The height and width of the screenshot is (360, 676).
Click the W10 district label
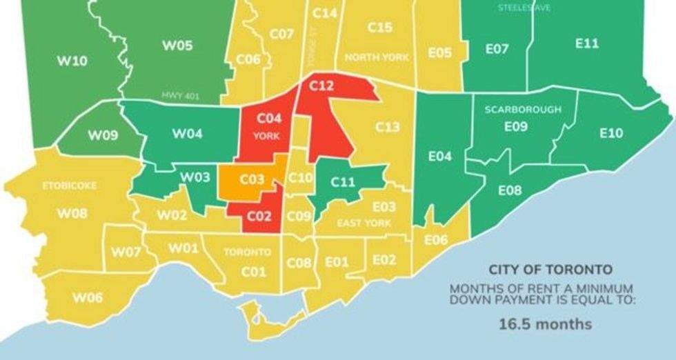pyautogui.click(x=72, y=61)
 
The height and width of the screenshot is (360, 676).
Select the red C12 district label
pyautogui.click(x=321, y=86)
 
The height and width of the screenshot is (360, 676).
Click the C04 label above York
pyautogui.click(x=266, y=119)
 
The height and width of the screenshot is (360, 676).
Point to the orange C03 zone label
pyautogui.click(x=252, y=179)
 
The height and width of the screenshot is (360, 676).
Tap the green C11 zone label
pyautogui.click(x=342, y=181)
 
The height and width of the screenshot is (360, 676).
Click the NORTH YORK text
pyautogui.click(x=377, y=57)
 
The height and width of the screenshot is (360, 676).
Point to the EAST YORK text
pyautogui.click(x=364, y=223)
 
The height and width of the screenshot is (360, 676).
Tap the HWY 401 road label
pyautogui.click(x=180, y=96)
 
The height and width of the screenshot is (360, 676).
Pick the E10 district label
pyautogui.click(x=610, y=133)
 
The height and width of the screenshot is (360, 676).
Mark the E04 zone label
pyautogui.click(x=439, y=157)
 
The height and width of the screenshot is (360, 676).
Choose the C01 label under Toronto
pyautogui.click(x=253, y=272)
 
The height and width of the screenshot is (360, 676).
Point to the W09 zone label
pyautogui.click(x=102, y=135)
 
